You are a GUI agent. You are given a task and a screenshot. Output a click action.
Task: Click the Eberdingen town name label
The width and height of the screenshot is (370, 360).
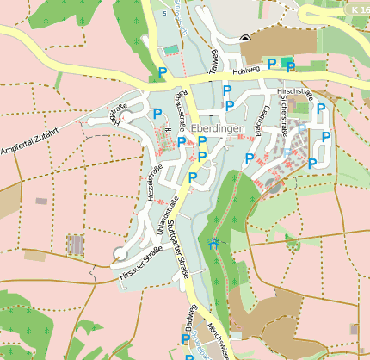click(219, 127)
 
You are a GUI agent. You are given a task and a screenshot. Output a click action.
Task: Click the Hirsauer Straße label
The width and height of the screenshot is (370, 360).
click(141, 263)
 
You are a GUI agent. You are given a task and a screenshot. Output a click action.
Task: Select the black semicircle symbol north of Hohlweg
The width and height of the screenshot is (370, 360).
click(245, 37)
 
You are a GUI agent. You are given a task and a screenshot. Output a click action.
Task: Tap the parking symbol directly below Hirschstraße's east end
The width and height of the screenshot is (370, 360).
click(321, 109)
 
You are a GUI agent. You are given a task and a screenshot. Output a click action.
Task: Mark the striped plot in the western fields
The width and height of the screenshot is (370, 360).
click(76, 245)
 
